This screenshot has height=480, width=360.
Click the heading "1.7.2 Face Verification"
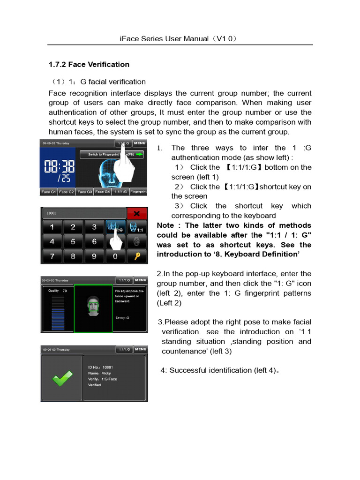tap(89, 64)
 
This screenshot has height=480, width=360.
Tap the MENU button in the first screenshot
tap(140, 143)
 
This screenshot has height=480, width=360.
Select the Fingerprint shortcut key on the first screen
tap(138, 192)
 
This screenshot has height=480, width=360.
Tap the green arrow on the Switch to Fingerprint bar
tap(140, 154)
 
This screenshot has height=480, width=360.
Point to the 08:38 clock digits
tap(59, 166)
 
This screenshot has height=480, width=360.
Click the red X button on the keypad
tap(137, 213)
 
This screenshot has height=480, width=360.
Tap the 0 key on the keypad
tap(115, 256)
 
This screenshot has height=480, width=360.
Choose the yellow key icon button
tap(137, 256)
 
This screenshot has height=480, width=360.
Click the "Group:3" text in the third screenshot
tap(122, 317)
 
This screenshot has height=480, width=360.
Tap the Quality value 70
tap(65, 291)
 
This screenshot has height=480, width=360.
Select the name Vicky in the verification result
tap(106, 373)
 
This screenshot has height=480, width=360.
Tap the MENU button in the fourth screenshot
tap(140, 349)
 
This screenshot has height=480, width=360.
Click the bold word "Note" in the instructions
tap(165, 225)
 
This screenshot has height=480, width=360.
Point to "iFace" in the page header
tap(130, 38)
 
